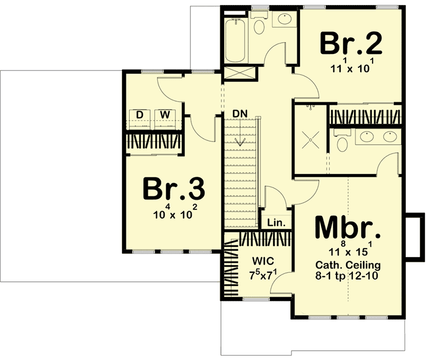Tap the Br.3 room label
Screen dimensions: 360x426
[173, 189]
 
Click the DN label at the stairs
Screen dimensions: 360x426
[240, 114]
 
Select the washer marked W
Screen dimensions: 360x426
[165, 115]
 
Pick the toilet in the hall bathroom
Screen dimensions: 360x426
[260, 25]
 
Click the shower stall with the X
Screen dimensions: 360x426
[309, 138]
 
